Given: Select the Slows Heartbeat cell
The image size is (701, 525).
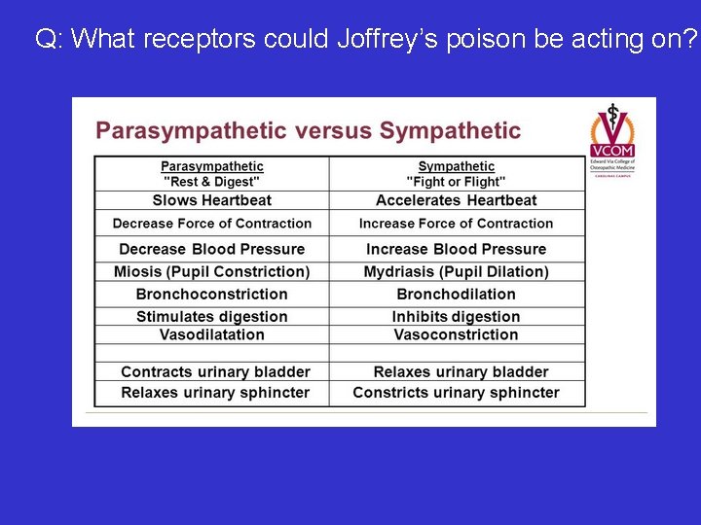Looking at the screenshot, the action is tap(212, 200).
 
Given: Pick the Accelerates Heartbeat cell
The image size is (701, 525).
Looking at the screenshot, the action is tap(457, 200).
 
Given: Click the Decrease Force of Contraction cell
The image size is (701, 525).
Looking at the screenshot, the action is tap(212, 224).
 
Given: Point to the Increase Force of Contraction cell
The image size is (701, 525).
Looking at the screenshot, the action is tap(457, 224).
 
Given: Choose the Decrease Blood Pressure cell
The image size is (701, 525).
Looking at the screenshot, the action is tap(212, 249).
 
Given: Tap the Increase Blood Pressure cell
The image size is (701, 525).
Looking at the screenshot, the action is tap(457, 249).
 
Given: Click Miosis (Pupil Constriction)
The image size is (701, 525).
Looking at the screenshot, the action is tap(212, 271).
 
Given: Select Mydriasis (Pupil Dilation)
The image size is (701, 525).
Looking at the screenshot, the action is tap(457, 271).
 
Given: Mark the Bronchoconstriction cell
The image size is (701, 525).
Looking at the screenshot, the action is tap(212, 294).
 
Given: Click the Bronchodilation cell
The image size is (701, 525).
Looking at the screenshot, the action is tap(457, 294).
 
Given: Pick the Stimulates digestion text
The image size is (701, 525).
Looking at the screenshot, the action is tap(212, 316).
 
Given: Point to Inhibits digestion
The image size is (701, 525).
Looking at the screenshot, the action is tap(457, 316).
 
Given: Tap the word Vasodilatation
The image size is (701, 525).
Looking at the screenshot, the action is tap(212, 334).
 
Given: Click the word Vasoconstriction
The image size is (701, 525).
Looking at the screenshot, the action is tap(457, 334).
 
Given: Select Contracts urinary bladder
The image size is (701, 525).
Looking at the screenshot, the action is tap(215, 371).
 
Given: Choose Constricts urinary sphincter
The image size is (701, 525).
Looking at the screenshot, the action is tap(457, 393).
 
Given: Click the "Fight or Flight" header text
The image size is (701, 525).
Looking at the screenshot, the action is tap(457, 182).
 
